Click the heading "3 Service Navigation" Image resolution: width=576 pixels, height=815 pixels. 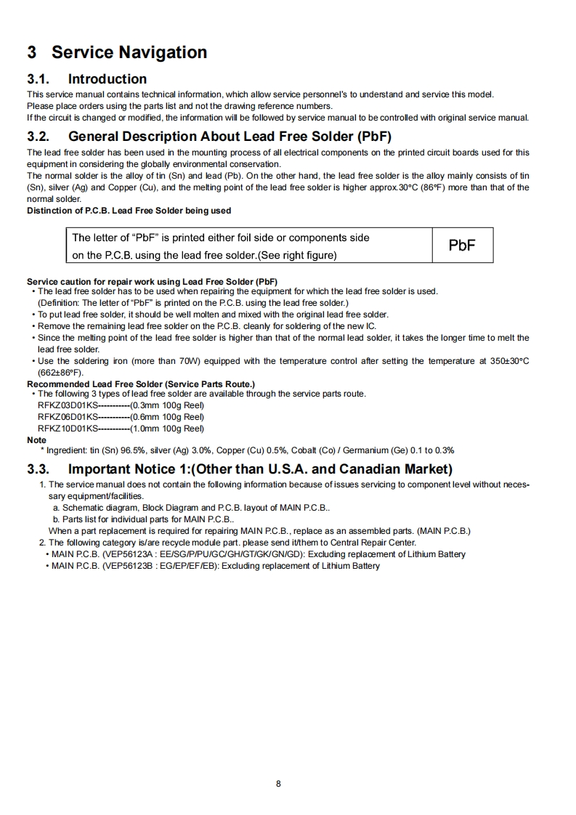click(117, 52)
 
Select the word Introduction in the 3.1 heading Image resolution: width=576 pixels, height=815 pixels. click(108, 79)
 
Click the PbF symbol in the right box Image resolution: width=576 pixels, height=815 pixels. click(462, 246)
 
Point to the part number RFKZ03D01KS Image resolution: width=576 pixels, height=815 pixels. click(68, 405)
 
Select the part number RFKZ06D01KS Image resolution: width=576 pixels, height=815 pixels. click(68, 417)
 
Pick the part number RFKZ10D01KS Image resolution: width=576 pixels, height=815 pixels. click(68, 429)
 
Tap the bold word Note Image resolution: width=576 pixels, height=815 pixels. click(36, 440)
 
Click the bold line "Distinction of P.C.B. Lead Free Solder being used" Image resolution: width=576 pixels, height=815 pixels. click(129, 211)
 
